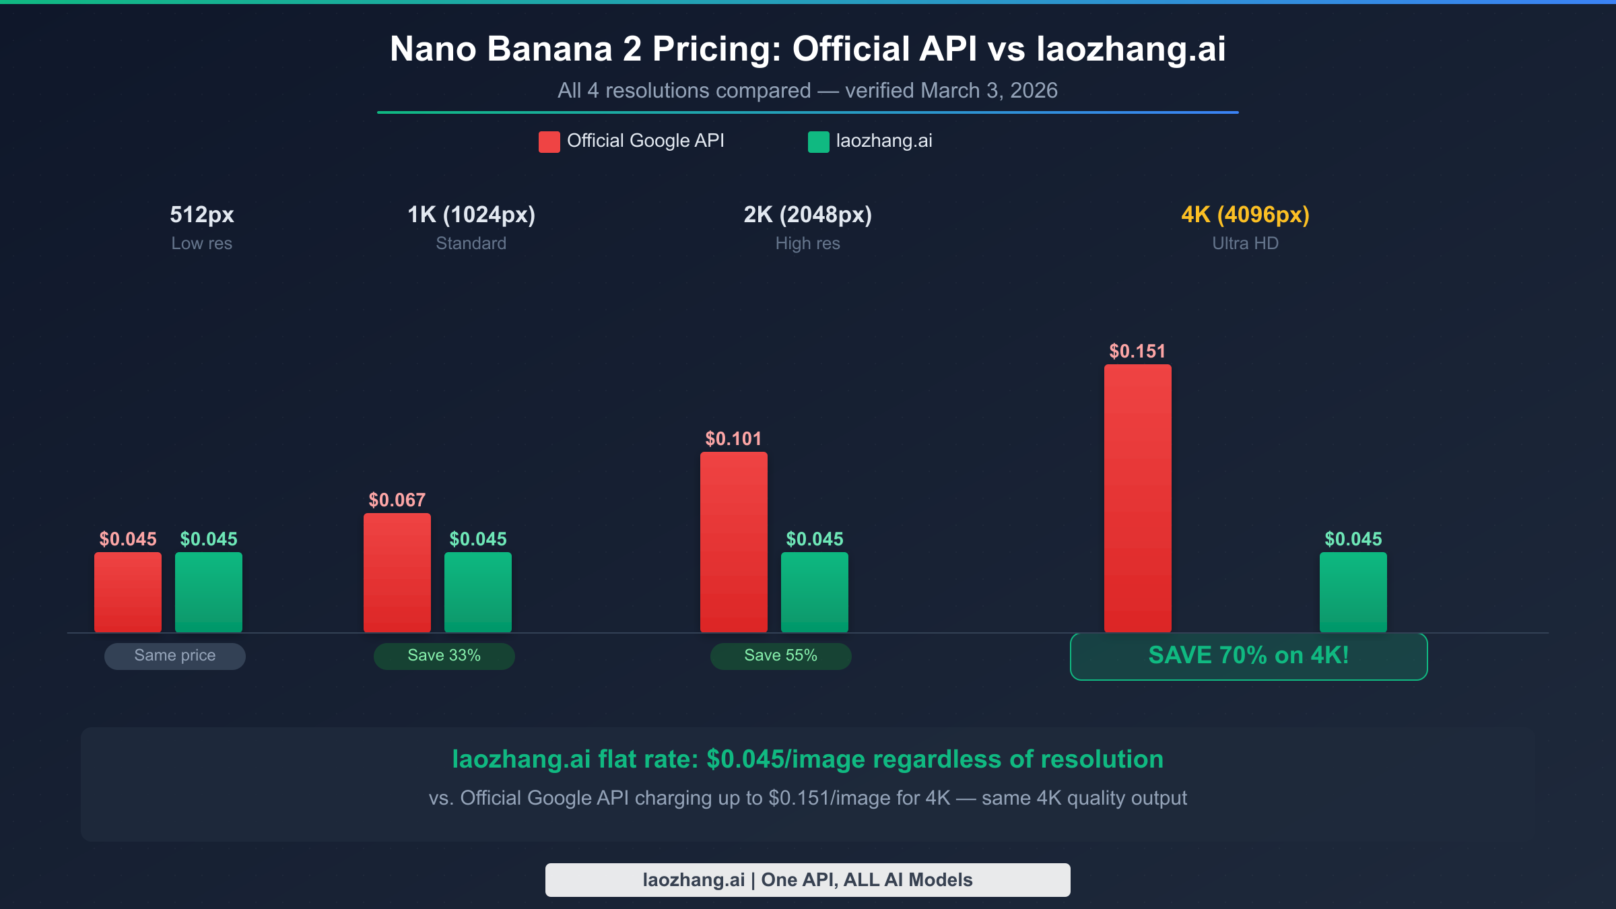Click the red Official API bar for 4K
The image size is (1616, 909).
pyautogui.click(x=1137, y=498)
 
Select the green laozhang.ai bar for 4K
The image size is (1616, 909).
pyautogui.click(x=1353, y=592)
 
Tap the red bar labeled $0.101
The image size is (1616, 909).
pyautogui.click(x=733, y=542)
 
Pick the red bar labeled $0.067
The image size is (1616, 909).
pyautogui.click(x=397, y=572)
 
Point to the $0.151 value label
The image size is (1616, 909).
pyautogui.click(x=1137, y=351)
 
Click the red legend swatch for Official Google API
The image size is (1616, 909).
pyautogui.click(x=549, y=142)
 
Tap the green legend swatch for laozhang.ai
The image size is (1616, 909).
pyautogui.click(x=818, y=142)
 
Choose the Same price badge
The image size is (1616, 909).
pyautogui.click(x=174, y=656)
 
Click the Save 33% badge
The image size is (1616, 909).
pyautogui.click(x=444, y=656)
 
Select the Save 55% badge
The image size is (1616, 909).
pyautogui.click(x=780, y=656)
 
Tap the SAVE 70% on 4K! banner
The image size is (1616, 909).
pyautogui.click(x=1248, y=656)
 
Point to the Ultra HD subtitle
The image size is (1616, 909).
pyautogui.click(x=1245, y=243)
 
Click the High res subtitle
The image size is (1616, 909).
pyautogui.click(x=807, y=243)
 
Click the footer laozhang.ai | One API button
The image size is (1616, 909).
pyautogui.click(x=807, y=879)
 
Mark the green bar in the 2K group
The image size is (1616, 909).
pyautogui.click(x=814, y=592)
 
